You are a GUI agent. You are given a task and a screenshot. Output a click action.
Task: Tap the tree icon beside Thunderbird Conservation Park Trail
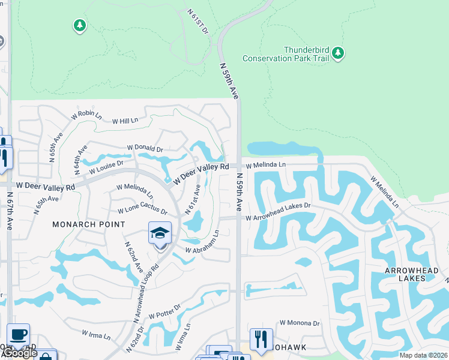pyautogui.click(x=338, y=54)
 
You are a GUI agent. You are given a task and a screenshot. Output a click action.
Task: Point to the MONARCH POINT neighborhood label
pyautogui.click(x=89, y=224)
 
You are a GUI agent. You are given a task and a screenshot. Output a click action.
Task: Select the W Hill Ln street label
pyautogui.click(x=125, y=121)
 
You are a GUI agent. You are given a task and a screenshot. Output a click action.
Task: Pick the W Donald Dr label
pyautogui.click(x=145, y=148)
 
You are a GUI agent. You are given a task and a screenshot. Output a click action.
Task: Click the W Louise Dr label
pyautogui.click(x=106, y=167)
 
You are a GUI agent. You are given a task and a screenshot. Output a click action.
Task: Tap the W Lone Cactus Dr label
pyautogui.click(x=142, y=210)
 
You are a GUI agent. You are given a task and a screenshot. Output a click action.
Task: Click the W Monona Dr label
pyautogui.click(x=299, y=323)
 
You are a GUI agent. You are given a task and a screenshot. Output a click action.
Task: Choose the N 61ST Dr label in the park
pyautogui.click(x=197, y=21)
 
